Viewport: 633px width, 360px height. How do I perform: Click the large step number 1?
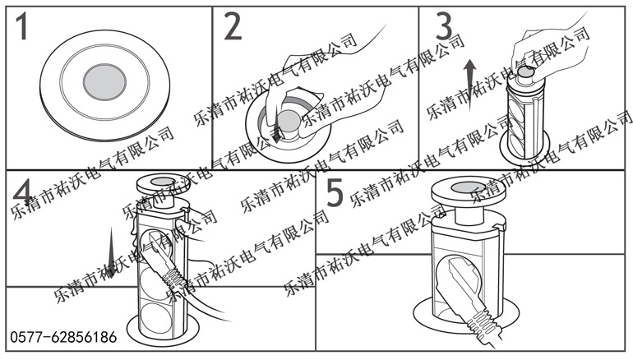pos(24,29)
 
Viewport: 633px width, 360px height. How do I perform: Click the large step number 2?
pos(233,28)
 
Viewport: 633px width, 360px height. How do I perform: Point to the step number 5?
pos(335,194)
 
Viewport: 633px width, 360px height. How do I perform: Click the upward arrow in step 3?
pos(469,83)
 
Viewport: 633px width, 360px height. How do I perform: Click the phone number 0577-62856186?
pos(63,337)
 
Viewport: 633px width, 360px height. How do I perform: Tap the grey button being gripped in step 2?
pos(289,121)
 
